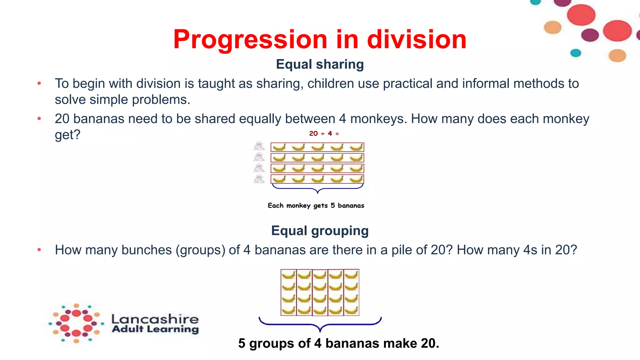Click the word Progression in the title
pos(250,40)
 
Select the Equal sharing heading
pos(320,64)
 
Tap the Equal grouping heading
pos(320,231)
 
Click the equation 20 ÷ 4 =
pos(324,134)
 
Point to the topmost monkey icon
pos(259,146)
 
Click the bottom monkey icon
pos(259,179)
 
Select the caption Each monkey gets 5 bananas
pos(316,206)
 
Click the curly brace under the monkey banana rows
pos(317,188)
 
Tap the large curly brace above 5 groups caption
pos(320,324)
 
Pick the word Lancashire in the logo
pos(155,319)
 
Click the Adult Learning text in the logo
pos(155,329)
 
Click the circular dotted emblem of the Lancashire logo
pos(76,323)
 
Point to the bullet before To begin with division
pos(39,83)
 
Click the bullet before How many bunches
pos(39,250)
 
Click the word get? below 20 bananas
pos(67,135)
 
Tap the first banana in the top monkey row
pos(279,147)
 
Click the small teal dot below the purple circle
pos(575,53)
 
